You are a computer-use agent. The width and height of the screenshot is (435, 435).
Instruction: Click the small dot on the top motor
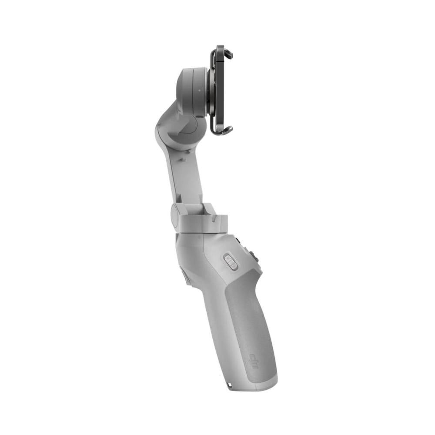pos(199,91)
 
